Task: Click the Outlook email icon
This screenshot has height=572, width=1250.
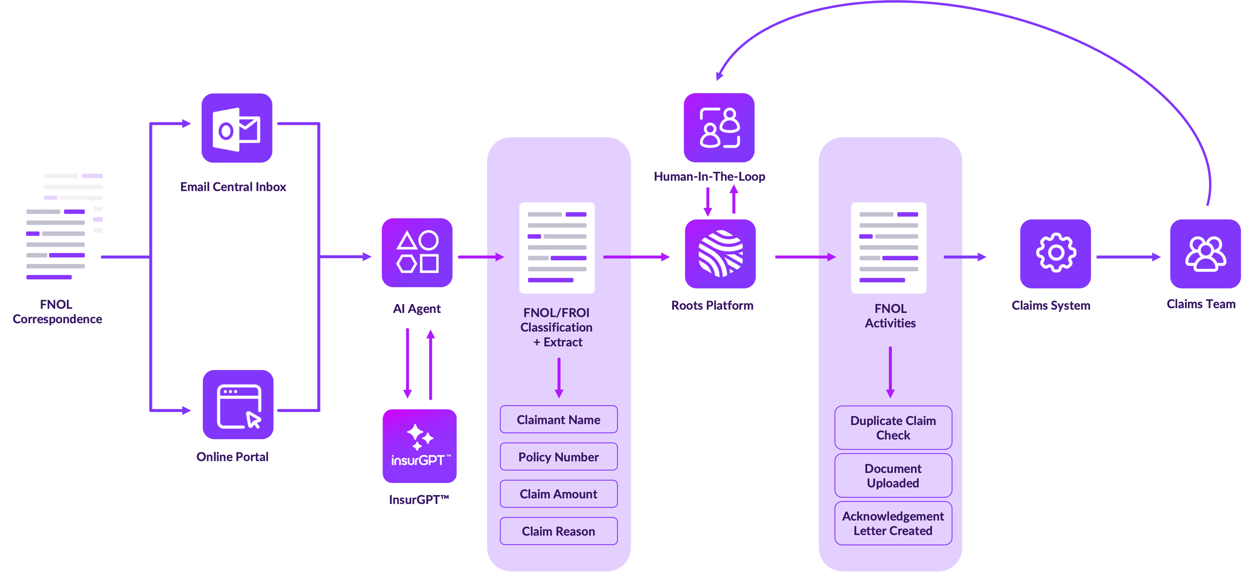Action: [x=237, y=128]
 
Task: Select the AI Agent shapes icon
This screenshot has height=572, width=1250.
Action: [x=417, y=252]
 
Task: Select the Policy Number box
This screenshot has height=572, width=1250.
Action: [x=559, y=457]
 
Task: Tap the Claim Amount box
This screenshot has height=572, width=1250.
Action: [x=559, y=494]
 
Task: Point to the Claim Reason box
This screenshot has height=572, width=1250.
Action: [x=559, y=531]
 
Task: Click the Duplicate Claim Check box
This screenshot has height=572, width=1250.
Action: [x=893, y=427]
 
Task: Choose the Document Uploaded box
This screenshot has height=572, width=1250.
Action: [x=893, y=475]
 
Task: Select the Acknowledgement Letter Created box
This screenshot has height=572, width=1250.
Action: [x=893, y=524]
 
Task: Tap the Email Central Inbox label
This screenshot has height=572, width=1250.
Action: [x=233, y=187]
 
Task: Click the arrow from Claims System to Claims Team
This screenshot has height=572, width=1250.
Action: [x=1128, y=257]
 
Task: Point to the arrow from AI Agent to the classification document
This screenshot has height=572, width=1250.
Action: [x=480, y=257]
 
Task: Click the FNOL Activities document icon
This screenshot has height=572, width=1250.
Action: [x=888, y=248]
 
